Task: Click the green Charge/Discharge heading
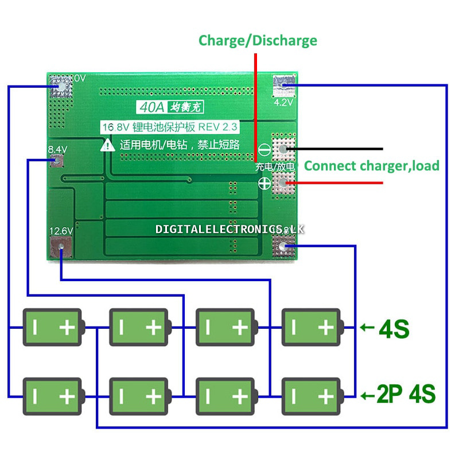(258, 40)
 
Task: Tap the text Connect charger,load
(371, 166)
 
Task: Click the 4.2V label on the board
(284, 102)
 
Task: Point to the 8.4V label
(57, 149)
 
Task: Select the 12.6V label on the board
(61, 231)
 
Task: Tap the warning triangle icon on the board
(108, 145)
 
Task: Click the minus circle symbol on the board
(265, 149)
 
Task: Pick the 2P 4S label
(406, 395)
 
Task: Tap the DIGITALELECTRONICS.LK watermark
(229, 229)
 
